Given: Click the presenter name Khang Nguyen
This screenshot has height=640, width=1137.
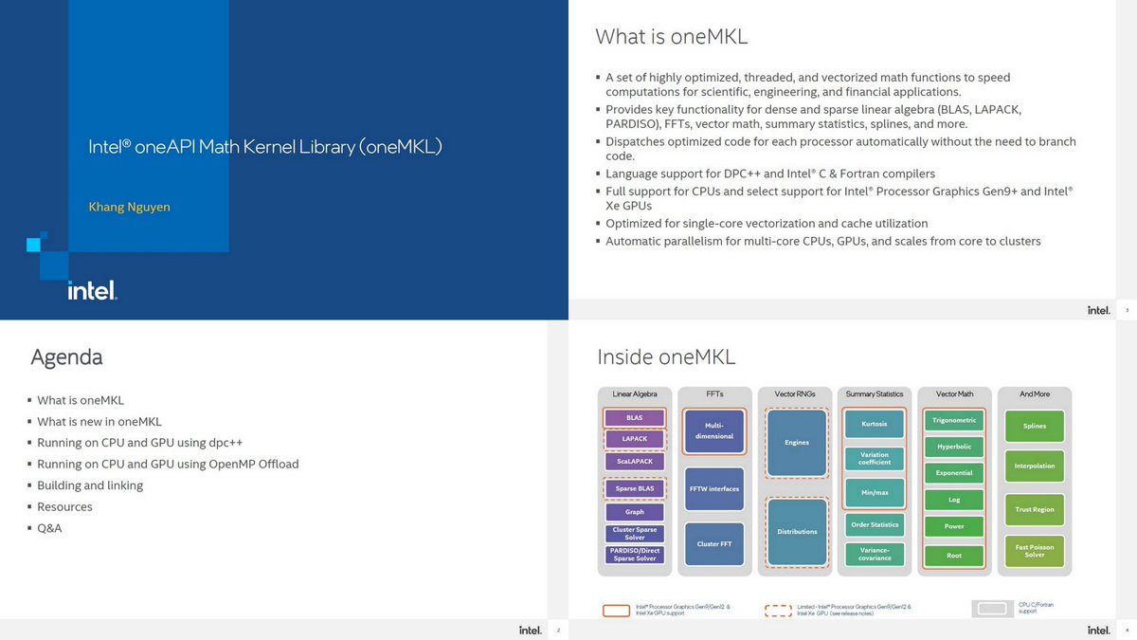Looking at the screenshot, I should pyautogui.click(x=129, y=207).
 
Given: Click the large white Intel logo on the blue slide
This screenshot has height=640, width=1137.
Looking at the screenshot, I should pyautogui.click(x=92, y=290).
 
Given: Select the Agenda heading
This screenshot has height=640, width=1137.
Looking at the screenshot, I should pyautogui.click(x=66, y=357).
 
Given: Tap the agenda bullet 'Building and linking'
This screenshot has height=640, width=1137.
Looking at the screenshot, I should pyautogui.click(x=90, y=485).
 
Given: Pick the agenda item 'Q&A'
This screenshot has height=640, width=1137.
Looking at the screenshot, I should pyautogui.click(x=49, y=528).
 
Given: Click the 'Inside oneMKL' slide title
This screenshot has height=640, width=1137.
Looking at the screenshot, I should pyautogui.click(x=666, y=357).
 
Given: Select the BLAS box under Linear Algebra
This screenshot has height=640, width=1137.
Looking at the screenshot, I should pyautogui.click(x=634, y=418).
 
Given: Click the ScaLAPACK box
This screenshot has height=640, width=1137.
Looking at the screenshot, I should pyautogui.click(x=634, y=461).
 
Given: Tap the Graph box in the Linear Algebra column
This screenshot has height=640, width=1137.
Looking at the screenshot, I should pyautogui.click(x=634, y=512).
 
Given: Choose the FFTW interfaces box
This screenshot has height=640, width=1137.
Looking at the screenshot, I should pyautogui.click(x=715, y=489).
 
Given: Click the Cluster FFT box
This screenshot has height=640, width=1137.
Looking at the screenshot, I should pyautogui.click(x=715, y=544).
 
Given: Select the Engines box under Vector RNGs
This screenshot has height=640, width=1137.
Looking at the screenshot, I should pyautogui.click(x=797, y=443).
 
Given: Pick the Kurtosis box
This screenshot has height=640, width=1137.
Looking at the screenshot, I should pyautogui.click(x=875, y=424).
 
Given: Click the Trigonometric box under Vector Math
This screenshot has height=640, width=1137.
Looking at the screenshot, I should pyautogui.click(x=954, y=420).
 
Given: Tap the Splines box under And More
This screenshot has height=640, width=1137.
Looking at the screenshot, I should pyautogui.click(x=1035, y=426).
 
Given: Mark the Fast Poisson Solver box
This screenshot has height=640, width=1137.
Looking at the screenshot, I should pyautogui.click(x=1035, y=550).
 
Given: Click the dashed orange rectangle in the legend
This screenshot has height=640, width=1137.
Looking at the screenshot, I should pyautogui.click(x=778, y=611).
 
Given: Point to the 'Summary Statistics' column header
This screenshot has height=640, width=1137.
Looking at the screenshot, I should pyautogui.click(x=875, y=393).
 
